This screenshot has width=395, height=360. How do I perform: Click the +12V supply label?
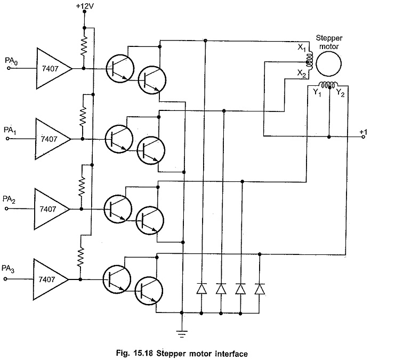click(85, 6)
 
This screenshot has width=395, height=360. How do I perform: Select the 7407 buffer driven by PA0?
click(54, 68)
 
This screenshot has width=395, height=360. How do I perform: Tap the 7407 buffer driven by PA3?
click(51, 279)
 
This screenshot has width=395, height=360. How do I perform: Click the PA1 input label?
click(10, 130)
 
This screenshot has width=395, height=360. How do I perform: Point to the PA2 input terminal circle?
click(6, 209)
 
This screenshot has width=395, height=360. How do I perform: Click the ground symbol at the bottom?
click(182, 333)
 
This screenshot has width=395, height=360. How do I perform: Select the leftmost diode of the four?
click(201, 289)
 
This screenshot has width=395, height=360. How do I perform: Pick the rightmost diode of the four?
click(260, 289)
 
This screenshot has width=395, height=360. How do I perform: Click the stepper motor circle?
click(329, 64)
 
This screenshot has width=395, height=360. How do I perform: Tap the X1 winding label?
click(302, 47)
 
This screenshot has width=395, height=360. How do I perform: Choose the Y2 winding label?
click(340, 93)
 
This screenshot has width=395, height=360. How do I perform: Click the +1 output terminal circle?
click(363, 137)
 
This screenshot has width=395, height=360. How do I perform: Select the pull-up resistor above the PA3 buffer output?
click(80, 257)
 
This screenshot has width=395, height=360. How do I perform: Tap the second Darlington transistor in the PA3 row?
click(149, 291)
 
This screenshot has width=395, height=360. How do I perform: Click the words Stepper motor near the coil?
click(329, 42)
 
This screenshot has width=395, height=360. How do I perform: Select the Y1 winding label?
click(317, 93)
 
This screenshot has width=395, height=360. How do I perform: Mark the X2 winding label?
click(302, 74)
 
